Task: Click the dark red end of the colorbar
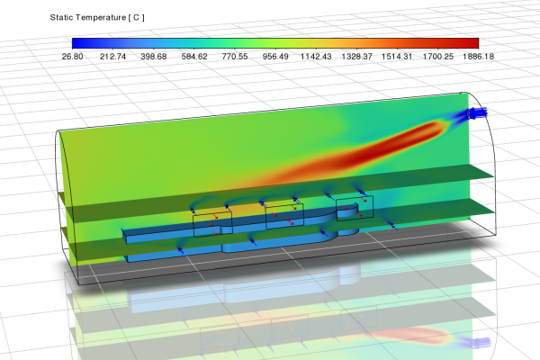(x=473, y=42)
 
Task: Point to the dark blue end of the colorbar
(x=76, y=42)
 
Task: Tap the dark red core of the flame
(x=396, y=144)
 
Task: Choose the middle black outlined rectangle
(x=284, y=216)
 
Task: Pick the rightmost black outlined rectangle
(x=355, y=209)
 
